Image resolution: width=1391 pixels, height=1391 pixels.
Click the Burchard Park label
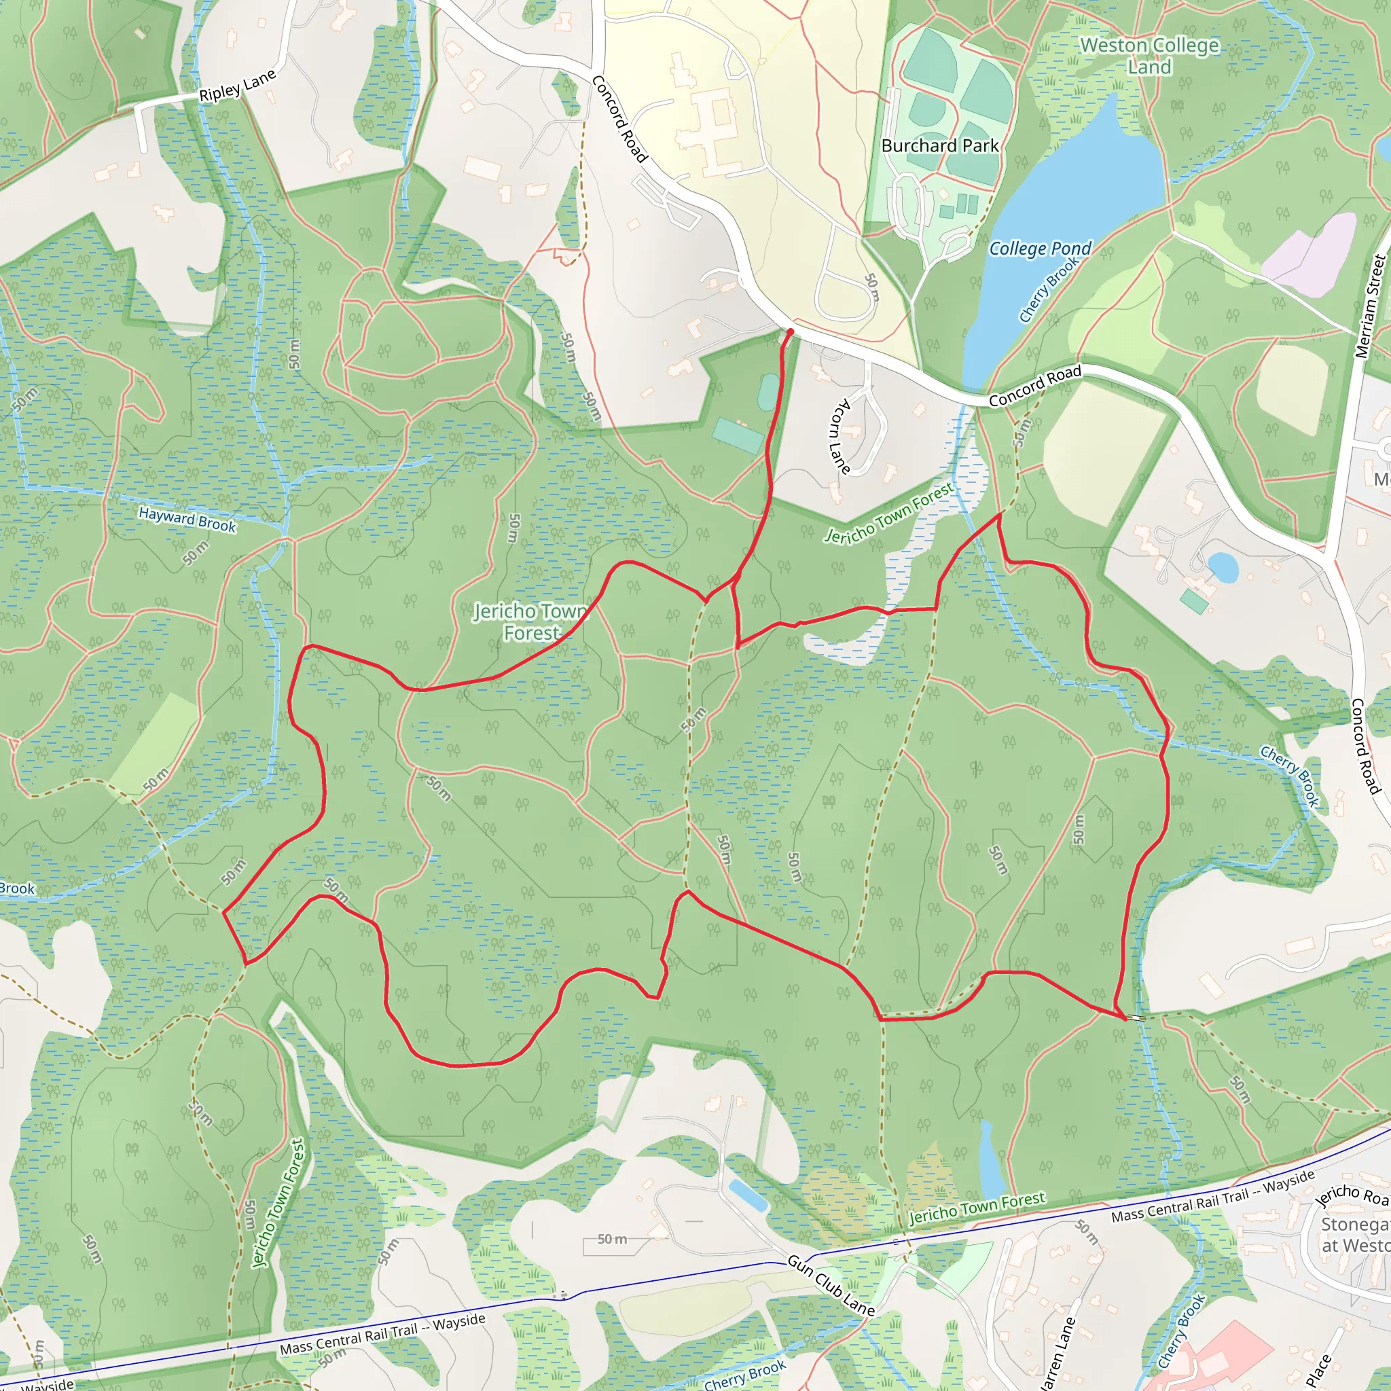[939, 146]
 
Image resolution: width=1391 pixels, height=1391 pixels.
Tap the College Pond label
[1040, 249]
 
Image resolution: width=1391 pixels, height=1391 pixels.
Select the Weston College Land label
[1150, 56]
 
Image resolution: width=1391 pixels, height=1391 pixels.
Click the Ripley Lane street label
[237, 86]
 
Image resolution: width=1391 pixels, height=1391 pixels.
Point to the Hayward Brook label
[187, 519]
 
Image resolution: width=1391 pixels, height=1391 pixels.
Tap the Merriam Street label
[1370, 306]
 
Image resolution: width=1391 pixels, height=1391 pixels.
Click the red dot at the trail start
[790, 332]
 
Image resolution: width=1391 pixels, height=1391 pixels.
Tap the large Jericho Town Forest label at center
[531, 622]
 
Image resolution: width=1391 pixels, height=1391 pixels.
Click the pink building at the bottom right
[1224, 1354]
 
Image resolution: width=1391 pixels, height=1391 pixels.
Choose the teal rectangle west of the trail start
[738, 436]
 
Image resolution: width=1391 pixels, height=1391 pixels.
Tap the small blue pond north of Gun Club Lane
[748, 1195]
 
